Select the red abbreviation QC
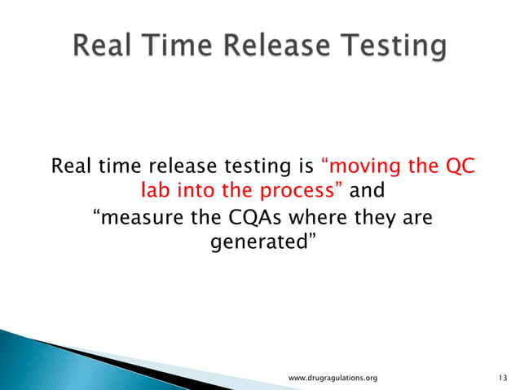tap(459, 168)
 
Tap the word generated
tap(259, 242)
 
